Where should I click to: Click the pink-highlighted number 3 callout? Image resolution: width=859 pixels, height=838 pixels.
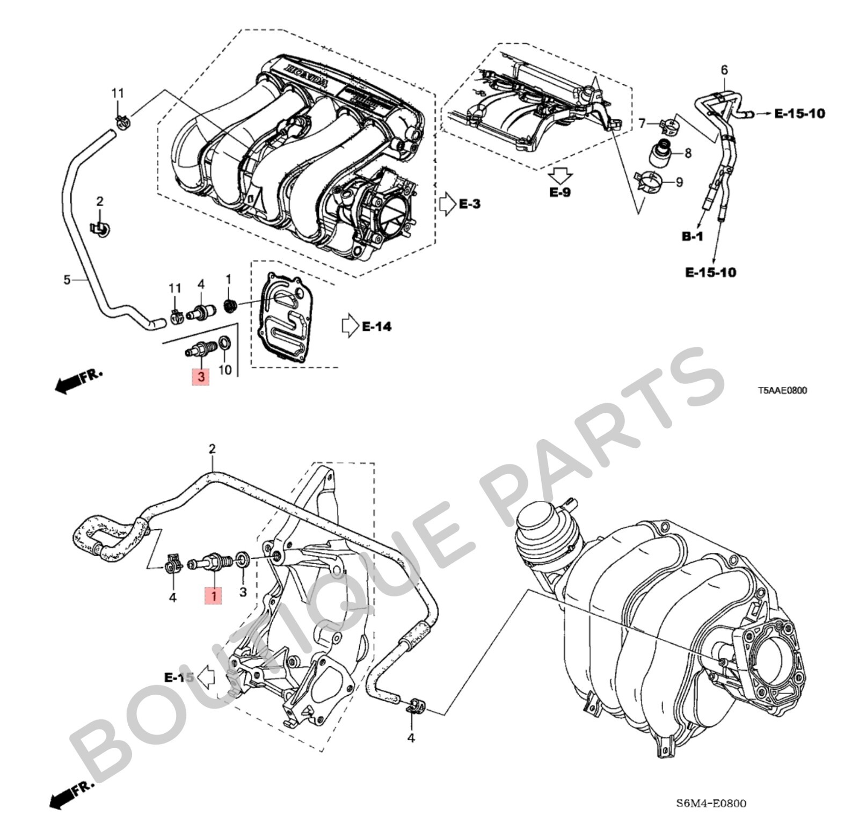point(201,376)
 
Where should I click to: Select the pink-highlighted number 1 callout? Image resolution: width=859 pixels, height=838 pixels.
point(214,595)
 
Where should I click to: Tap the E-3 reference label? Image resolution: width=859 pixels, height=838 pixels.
point(469,204)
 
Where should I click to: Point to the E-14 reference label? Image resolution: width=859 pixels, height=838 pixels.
point(376,326)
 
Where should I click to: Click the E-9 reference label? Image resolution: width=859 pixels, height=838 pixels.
point(559,192)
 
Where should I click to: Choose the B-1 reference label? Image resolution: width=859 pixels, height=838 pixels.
point(692,236)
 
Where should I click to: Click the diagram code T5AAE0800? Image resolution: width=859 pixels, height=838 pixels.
point(782,390)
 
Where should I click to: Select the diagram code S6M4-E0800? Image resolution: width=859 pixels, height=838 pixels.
point(710,804)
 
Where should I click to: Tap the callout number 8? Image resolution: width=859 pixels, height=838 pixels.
point(688,153)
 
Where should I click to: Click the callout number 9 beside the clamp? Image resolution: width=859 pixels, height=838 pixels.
point(679,183)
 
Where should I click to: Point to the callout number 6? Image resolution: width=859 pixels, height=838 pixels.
point(724,70)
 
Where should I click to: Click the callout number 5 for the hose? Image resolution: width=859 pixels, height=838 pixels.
point(67,280)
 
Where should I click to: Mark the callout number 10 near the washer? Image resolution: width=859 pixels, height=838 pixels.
point(225,370)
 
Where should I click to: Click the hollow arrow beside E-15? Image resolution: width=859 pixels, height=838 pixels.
point(206,677)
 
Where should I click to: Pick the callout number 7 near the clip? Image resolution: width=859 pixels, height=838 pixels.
point(642,124)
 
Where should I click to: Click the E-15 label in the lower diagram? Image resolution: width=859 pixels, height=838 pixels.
point(178,677)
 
